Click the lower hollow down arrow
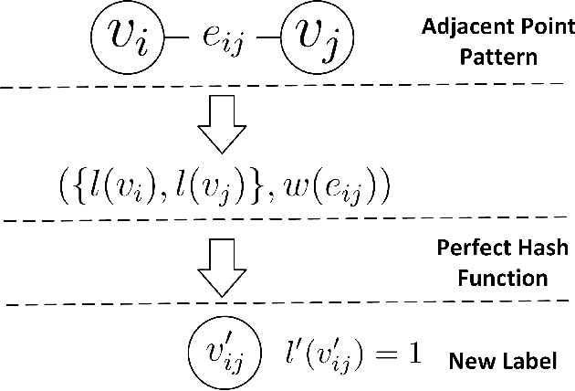click(x=223, y=269)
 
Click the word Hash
click(x=528, y=248)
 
